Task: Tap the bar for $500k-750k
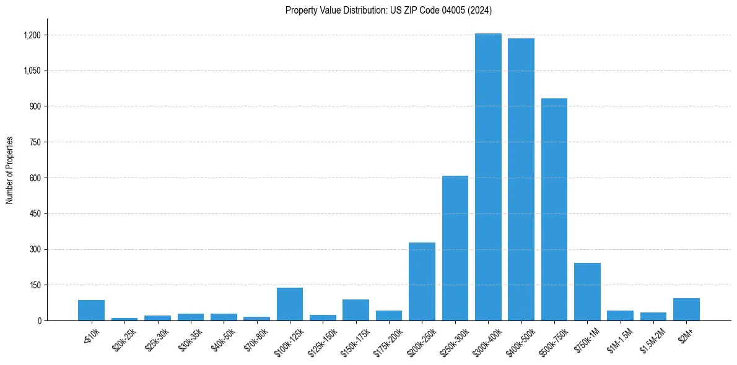554,210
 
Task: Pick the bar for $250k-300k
455,248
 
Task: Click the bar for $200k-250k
422,281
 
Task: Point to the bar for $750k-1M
587,292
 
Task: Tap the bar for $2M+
686,309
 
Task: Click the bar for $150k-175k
356,310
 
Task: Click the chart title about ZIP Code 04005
389,10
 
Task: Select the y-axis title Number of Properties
10,170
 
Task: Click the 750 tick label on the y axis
35,142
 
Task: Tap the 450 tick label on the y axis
35,213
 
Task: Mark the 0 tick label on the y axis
39,321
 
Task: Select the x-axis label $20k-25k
123,338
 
